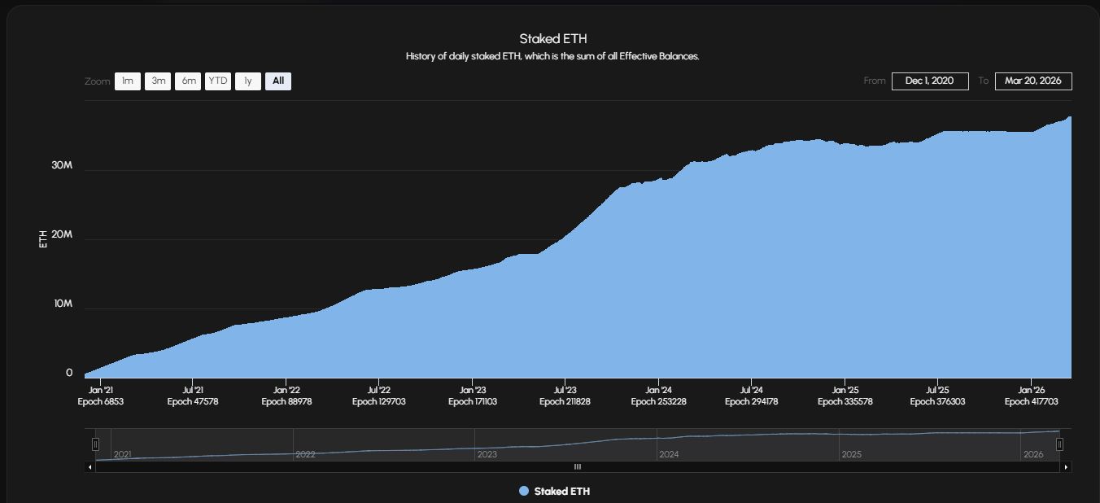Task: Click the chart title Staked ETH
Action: pos(553,39)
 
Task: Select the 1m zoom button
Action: pos(128,81)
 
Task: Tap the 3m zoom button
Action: pos(158,81)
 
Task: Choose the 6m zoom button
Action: pos(188,81)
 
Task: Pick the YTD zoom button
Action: pos(218,81)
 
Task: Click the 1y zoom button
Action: pos(248,81)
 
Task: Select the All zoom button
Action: pos(278,81)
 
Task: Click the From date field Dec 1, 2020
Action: pos(930,81)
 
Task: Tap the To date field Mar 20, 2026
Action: pos(1033,81)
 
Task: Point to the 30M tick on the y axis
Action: pos(62,165)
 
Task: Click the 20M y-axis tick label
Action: pos(62,234)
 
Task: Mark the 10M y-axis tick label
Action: pos(63,304)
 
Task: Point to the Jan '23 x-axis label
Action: pos(473,390)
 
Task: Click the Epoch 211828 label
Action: pos(565,401)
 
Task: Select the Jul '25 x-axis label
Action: pos(937,390)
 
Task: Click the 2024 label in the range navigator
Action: pos(669,454)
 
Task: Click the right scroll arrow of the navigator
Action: pos(1067,467)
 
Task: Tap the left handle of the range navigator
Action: pos(95,444)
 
